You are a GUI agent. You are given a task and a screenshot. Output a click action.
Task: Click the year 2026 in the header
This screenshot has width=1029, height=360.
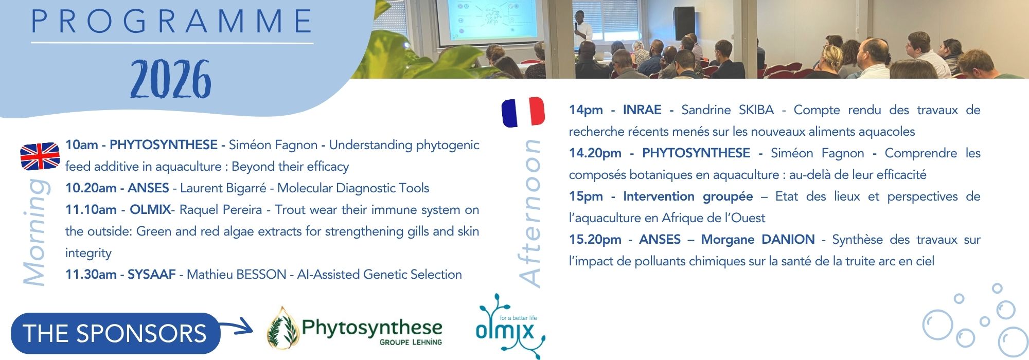coord(171,79)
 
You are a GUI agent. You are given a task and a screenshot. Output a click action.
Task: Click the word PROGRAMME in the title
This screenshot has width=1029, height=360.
coord(172,21)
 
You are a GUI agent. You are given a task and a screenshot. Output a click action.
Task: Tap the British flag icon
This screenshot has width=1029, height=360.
coord(40,156)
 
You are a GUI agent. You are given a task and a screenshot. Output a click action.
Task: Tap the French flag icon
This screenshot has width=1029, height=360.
coord(523,112)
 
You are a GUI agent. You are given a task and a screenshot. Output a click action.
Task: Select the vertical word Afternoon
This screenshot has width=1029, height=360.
coord(530,213)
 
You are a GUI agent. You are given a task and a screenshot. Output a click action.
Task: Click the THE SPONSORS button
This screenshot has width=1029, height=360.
coord(115,333)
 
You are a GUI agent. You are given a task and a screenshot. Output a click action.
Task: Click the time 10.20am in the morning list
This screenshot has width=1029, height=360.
coord(91,188)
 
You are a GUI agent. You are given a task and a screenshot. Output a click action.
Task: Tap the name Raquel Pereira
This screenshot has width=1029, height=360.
coord(220,210)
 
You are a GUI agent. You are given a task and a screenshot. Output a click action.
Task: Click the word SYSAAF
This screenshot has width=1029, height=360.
coord(152,275)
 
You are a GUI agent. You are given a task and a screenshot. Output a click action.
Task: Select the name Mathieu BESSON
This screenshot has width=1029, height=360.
coord(236,275)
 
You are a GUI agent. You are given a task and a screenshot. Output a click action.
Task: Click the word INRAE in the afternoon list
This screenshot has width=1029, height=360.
coord(642,110)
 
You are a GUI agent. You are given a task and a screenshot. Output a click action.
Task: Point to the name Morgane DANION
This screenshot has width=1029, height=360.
coord(758,240)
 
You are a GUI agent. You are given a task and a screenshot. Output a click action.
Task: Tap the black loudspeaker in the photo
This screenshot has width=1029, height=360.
coord(684,23)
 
